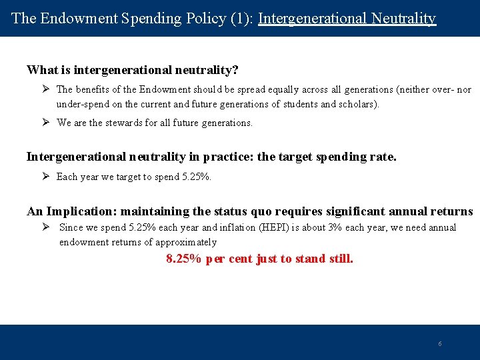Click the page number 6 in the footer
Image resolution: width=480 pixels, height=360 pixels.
[x=439, y=344]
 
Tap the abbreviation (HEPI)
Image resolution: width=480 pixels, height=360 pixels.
[x=323, y=228]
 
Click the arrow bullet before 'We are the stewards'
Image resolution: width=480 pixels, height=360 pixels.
[x=46, y=123]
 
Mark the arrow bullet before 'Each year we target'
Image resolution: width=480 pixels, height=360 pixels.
[x=46, y=177]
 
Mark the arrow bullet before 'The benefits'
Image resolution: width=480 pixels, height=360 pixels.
[x=46, y=89]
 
